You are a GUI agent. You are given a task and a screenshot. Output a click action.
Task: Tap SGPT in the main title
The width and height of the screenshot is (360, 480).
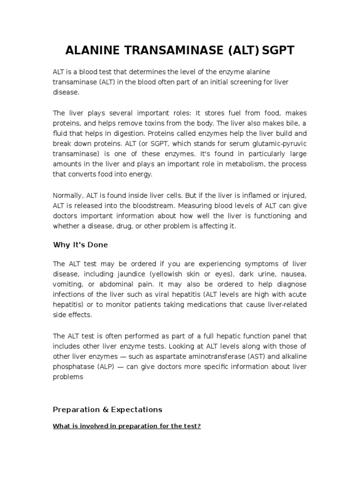pos(278,51)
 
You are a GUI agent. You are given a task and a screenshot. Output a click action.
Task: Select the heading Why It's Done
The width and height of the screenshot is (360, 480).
pos(80,245)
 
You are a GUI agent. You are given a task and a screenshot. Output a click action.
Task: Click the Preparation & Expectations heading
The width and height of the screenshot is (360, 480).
pos(107,409)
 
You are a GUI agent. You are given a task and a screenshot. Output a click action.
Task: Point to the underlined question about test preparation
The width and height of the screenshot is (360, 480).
pos(127,427)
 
